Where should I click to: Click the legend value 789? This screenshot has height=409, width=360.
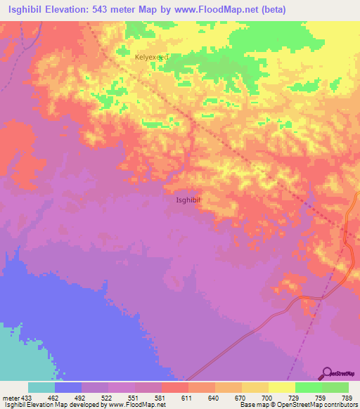(x=347, y=398)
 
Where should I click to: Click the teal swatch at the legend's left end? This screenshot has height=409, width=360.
(x=41, y=387)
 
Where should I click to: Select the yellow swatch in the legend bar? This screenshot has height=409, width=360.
(x=282, y=387)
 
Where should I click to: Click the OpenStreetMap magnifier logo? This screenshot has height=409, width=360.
(x=328, y=373)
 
